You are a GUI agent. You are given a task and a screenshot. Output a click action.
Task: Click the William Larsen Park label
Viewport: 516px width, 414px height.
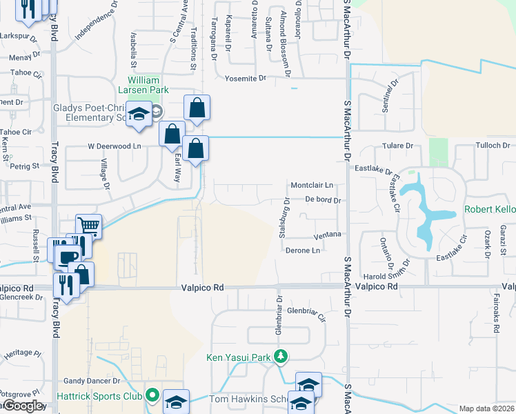(148, 85)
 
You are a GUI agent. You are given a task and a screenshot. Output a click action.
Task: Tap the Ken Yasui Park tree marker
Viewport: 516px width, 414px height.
(280, 357)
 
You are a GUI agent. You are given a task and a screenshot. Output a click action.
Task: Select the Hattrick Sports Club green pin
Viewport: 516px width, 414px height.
(152, 396)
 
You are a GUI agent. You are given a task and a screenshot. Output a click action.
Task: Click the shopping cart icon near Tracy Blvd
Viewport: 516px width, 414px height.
(88, 225)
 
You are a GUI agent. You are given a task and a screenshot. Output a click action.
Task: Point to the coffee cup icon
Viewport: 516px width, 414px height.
(66, 257)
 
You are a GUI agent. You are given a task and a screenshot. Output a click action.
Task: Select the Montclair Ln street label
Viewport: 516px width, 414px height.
(312, 186)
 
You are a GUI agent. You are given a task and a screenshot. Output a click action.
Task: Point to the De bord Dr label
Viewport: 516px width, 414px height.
(323, 199)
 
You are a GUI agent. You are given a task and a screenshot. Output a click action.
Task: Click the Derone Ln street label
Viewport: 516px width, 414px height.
(303, 250)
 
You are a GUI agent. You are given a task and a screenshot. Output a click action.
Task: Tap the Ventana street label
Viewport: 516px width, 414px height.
(328, 235)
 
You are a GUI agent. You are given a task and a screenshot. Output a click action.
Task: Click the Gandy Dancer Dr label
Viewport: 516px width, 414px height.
(92, 380)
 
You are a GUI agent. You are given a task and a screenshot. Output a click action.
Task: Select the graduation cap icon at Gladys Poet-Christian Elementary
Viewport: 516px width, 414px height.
(139, 113)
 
